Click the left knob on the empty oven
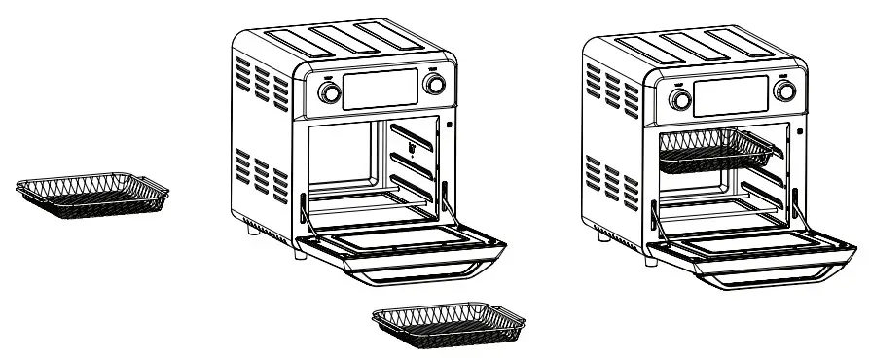pyautogui.click(x=331, y=92)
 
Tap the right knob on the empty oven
pyautogui.click(x=436, y=85)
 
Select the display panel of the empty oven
pyautogui.click(x=382, y=89)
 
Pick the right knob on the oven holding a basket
pyautogui.click(x=782, y=90)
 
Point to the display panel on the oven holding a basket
pyautogui.click(x=730, y=94)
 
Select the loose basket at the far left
pyautogui.click(x=93, y=195)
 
